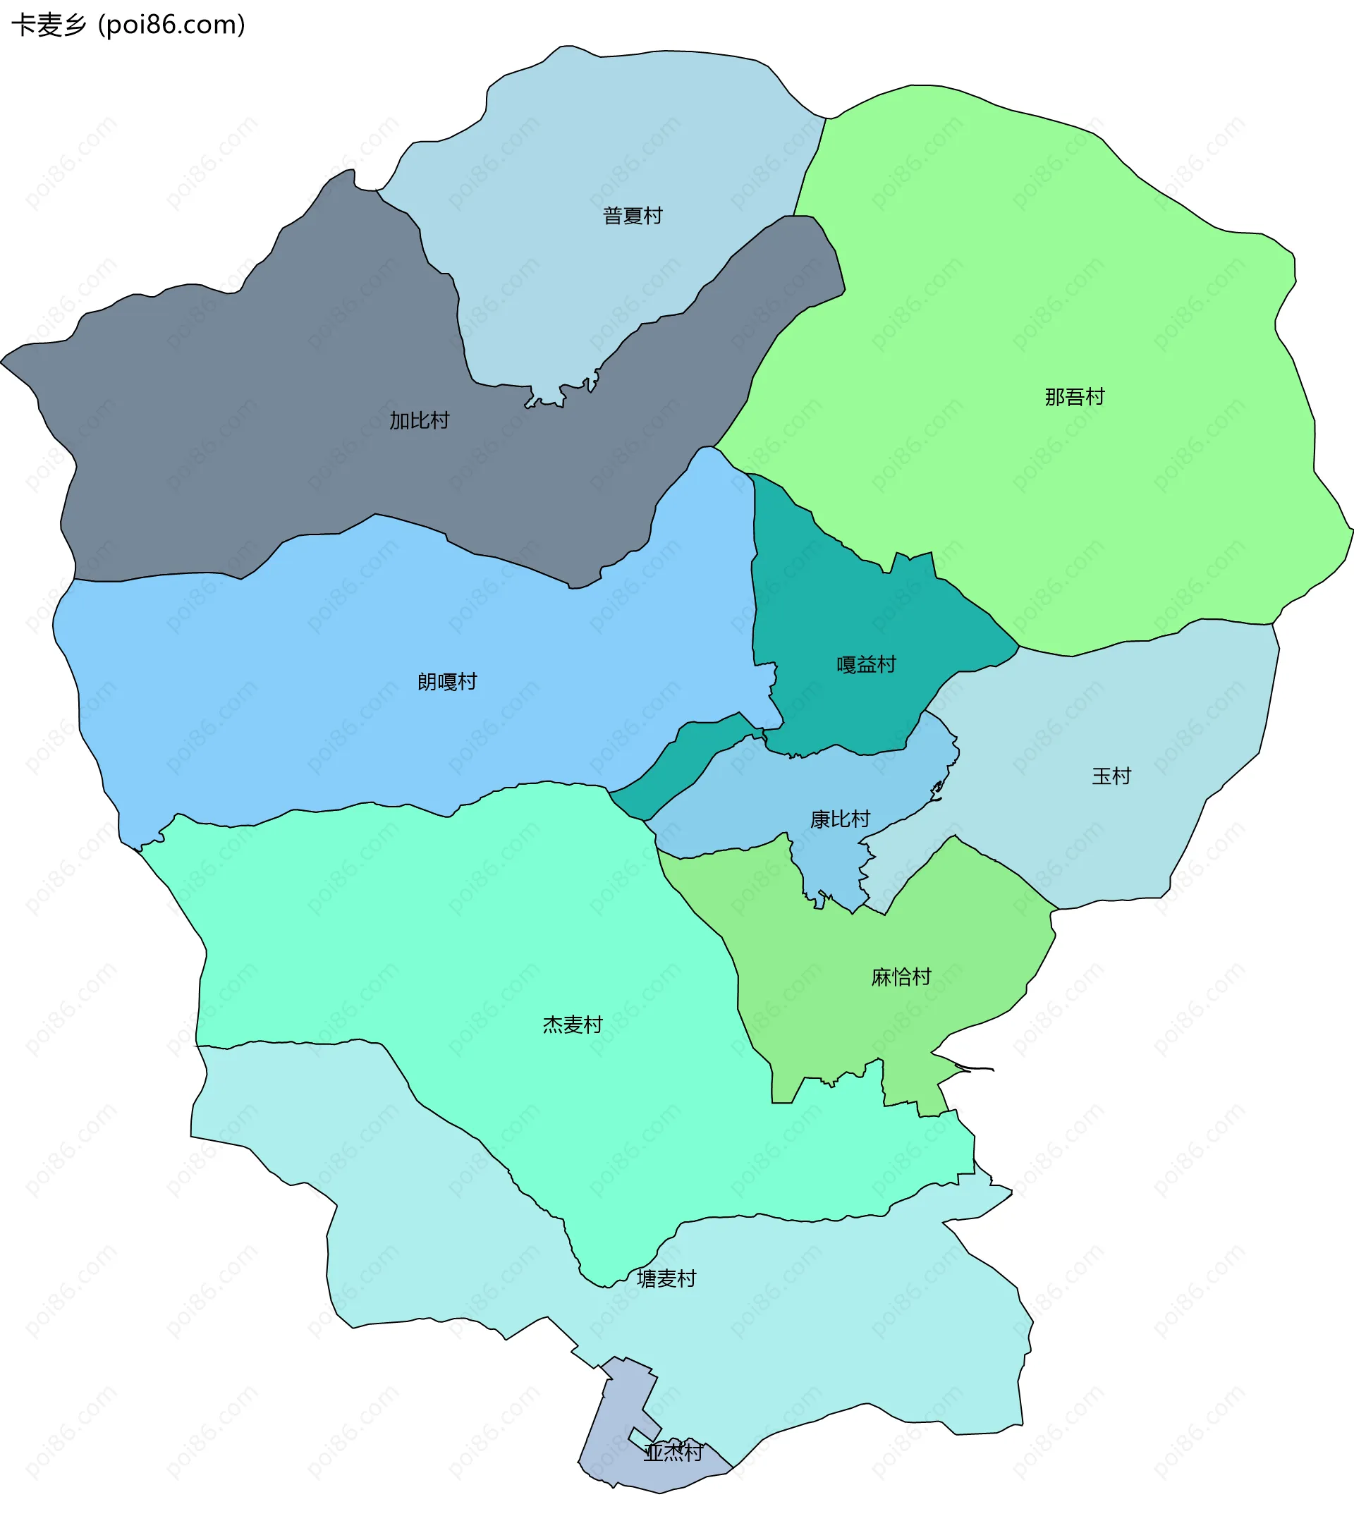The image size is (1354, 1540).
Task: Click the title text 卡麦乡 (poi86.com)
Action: (x=128, y=25)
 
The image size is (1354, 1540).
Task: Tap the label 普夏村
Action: (x=632, y=216)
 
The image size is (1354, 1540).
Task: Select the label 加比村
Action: (x=419, y=420)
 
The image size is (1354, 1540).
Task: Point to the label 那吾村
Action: (x=1075, y=397)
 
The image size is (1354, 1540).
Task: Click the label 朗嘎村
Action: (x=447, y=682)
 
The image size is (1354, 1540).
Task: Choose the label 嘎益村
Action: (x=867, y=664)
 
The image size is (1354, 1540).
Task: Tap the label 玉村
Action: (x=1111, y=776)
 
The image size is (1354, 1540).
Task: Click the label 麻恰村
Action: (x=901, y=977)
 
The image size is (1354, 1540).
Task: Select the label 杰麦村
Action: (x=573, y=1025)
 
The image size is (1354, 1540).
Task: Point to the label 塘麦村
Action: (x=666, y=1278)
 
